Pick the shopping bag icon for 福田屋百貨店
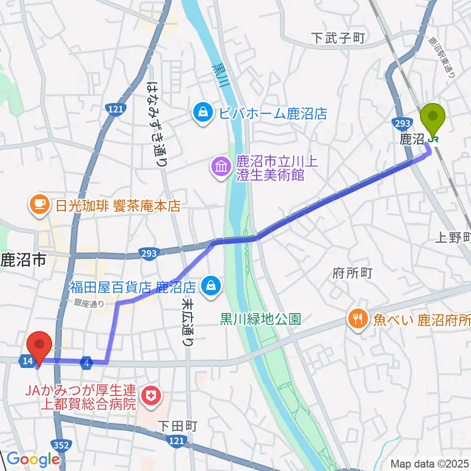211,285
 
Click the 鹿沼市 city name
24,260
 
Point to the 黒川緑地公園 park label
260,320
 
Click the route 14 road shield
27,362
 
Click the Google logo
32,459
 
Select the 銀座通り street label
89,304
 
